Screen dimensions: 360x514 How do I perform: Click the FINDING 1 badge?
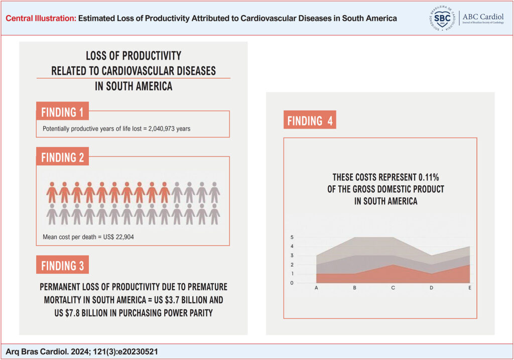click(62, 111)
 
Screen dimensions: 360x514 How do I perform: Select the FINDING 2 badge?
click(62, 157)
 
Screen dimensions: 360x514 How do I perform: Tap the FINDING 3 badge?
click(62, 266)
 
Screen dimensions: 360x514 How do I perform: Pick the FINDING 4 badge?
click(310, 121)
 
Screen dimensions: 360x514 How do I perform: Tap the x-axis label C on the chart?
click(393, 288)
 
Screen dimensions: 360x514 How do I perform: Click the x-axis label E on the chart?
click(469, 288)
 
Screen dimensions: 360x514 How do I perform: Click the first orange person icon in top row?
click(52, 192)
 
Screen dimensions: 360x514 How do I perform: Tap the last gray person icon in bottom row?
click(214, 214)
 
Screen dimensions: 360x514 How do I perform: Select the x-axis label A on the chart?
click(317, 288)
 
